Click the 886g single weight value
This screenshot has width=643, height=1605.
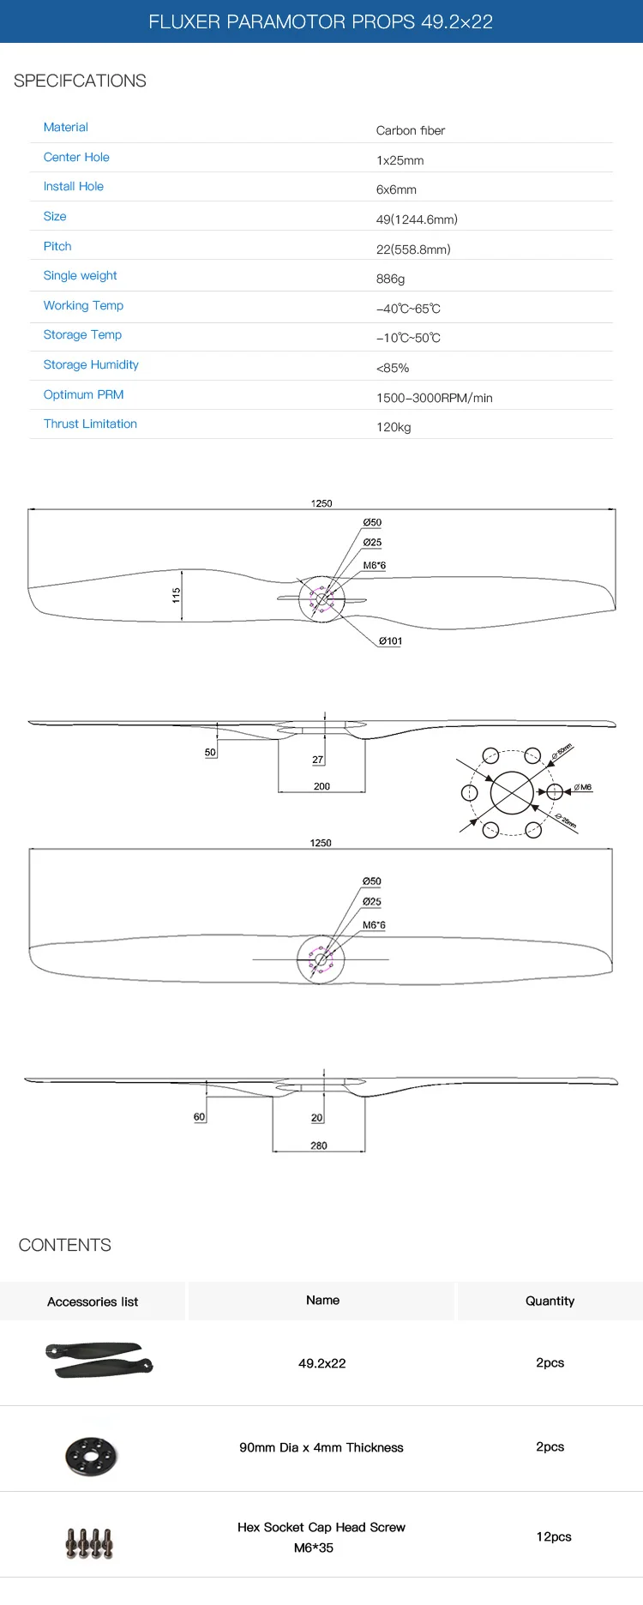(x=390, y=279)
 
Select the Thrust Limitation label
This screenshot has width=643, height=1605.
(x=90, y=424)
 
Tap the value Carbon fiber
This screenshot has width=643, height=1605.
(x=411, y=130)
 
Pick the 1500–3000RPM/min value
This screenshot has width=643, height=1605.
(x=434, y=398)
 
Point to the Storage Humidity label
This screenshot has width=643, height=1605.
(x=91, y=364)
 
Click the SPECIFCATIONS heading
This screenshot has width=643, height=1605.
(x=80, y=81)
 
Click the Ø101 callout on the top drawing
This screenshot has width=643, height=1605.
(x=391, y=641)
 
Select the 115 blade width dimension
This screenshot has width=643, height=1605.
(x=177, y=595)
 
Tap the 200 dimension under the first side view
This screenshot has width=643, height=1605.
(x=321, y=786)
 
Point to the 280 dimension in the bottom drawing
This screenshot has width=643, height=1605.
(x=319, y=1145)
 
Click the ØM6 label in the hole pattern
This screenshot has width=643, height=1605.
(x=583, y=787)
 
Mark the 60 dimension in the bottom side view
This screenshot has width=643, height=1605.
(x=200, y=1117)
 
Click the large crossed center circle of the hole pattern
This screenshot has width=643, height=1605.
(x=512, y=792)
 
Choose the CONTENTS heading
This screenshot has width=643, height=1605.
(x=65, y=1245)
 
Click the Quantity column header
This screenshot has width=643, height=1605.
(x=550, y=1301)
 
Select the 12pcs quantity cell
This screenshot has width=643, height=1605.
(x=554, y=1536)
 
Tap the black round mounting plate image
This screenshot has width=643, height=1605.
(x=91, y=1455)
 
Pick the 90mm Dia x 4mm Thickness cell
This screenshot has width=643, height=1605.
(x=321, y=1447)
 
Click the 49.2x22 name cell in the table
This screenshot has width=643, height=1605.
(x=322, y=1363)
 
